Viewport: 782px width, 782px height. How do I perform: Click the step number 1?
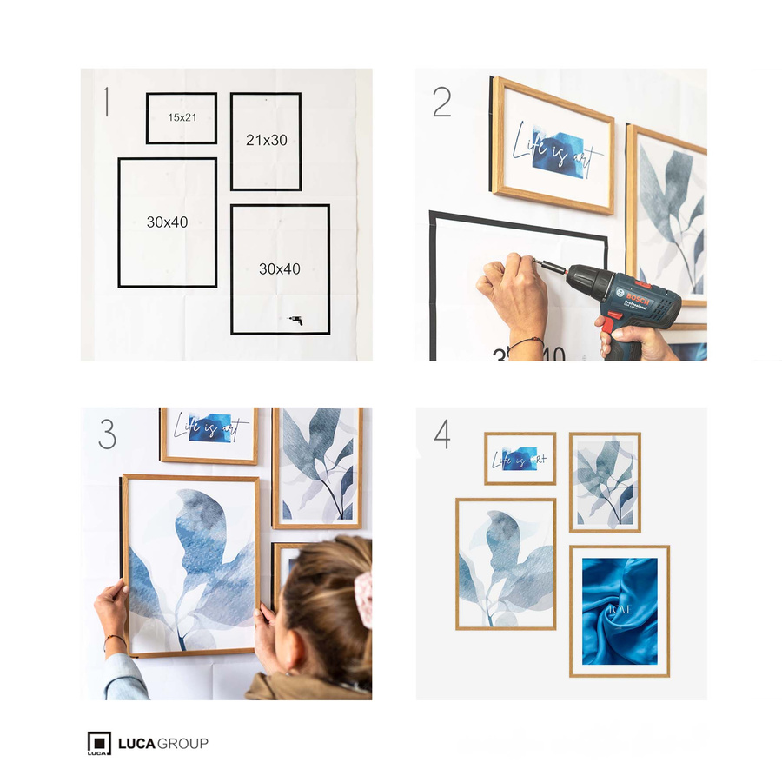106,102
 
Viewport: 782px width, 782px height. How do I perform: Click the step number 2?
441,103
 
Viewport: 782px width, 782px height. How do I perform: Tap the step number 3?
107,434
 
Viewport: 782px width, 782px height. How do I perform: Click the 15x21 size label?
182,117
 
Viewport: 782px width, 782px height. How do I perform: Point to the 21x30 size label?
266,140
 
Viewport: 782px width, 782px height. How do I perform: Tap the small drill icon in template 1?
295,321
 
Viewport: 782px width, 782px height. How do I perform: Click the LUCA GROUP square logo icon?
99,744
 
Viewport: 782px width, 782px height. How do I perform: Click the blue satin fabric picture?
619,611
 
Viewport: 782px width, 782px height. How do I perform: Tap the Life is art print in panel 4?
520,459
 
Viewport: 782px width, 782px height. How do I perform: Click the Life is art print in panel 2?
553,146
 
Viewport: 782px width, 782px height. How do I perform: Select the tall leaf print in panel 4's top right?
605,482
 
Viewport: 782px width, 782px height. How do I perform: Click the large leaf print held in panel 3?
191,565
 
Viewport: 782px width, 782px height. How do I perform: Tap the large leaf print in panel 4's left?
506,564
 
